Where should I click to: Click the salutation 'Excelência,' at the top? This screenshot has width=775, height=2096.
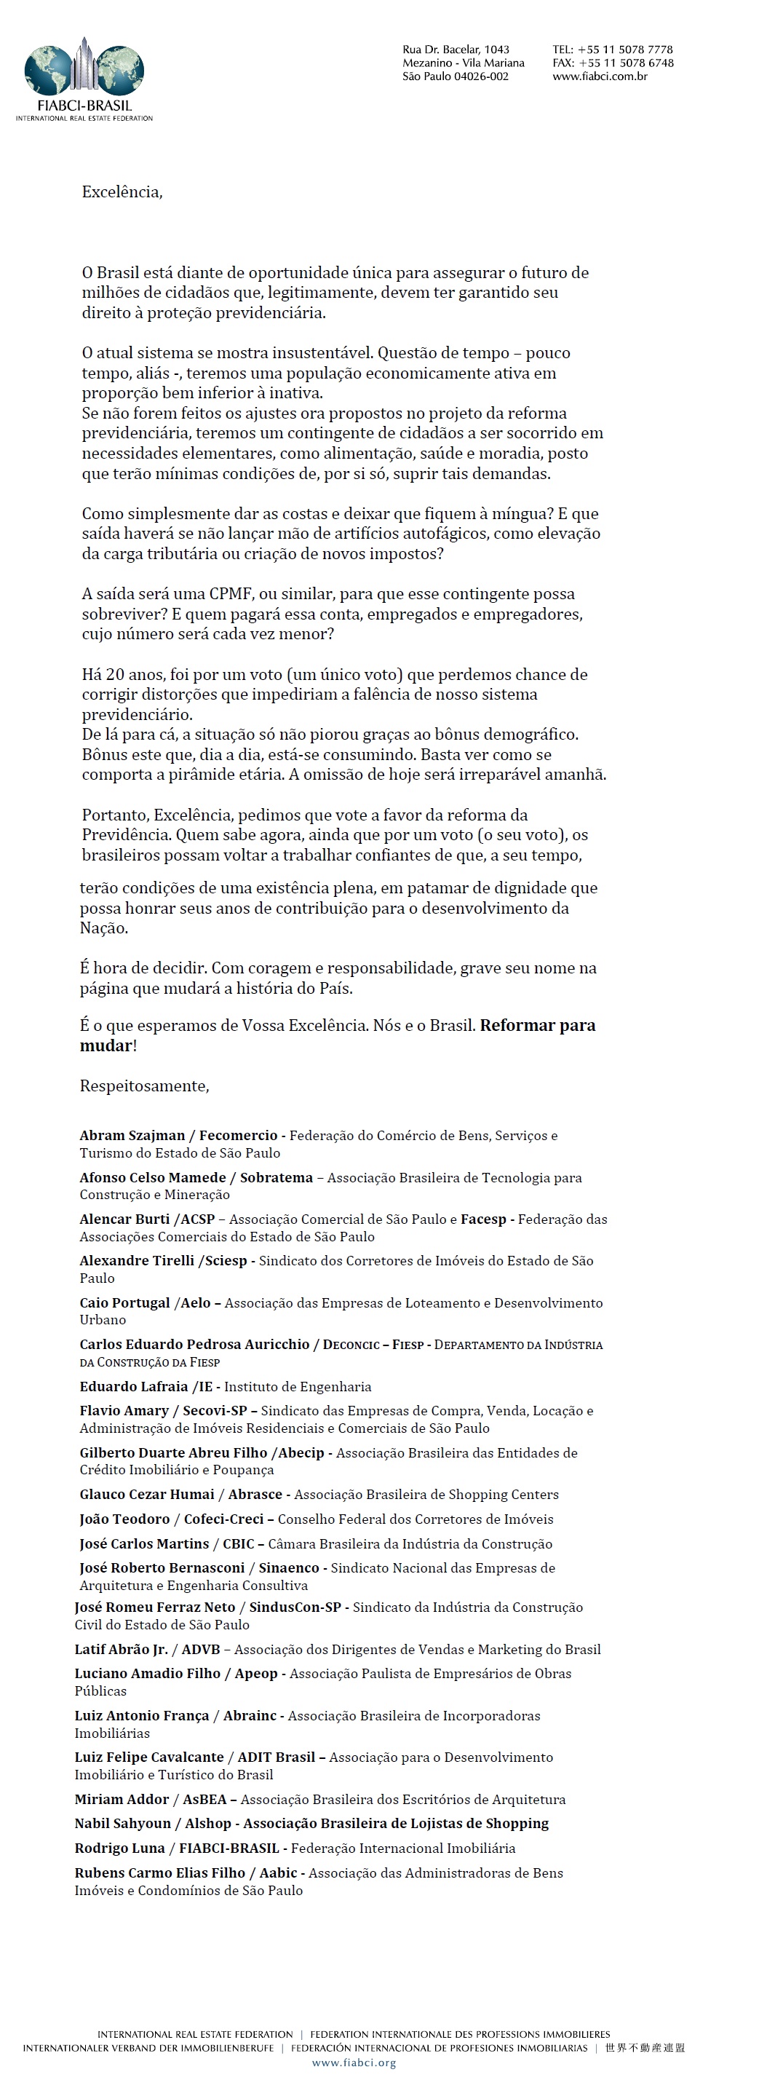pyautogui.click(x=122, y=192)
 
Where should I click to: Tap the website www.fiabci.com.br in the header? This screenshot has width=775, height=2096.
pyautogui.click(x=600, y=76)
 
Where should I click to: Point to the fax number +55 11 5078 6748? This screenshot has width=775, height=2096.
pyautogui.click(x=625, y=63)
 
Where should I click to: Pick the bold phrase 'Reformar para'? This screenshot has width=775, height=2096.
pyautogui.click(x=538, y=1025)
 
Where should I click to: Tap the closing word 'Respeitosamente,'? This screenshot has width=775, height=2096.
pyautogui.click(x=144, y=1085)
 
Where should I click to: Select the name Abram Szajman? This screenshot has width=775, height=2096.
pyautogui.click(x=132, y=1135)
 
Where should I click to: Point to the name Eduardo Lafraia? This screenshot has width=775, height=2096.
pyautogui.click(x=133, y=1386)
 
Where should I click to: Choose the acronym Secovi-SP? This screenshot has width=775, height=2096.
pyautogui.click(x=215, y=1411)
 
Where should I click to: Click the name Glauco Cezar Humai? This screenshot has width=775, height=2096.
pyautogui.click(x=147, y=1494)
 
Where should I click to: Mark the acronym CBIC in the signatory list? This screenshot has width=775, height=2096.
pyautogui.click(x=238, y=1543)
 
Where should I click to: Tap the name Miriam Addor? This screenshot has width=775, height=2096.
pyautogui.click(x=122, y=1799)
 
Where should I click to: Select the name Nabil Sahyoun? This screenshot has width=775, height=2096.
pyautogui.click(x=123, y=1824)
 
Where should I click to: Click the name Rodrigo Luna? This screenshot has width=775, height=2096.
pyautogui.click(x=119, y=1848)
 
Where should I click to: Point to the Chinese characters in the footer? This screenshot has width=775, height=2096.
pyautogui.click(x=645, y=2048)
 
